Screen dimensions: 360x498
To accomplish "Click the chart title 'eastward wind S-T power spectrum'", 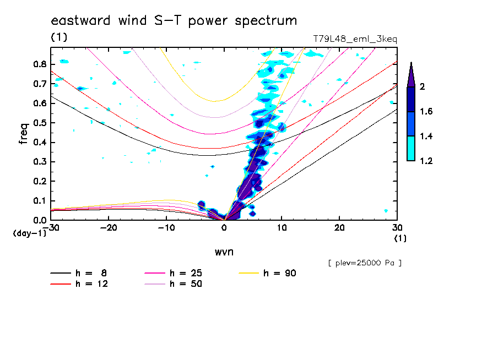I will tap(174, 21).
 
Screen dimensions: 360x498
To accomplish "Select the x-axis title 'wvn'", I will tap(224, 252).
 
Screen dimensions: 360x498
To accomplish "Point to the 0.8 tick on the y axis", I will tap(39, 64).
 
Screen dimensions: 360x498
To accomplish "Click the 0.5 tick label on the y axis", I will tap(39, 123).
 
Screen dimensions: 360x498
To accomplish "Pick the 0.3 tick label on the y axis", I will tap(39, 162).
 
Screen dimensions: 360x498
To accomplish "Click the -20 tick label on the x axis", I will tap(109, 228).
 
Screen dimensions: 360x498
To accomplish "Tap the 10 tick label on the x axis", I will tap(282, 228).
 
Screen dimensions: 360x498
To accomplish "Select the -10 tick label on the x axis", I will tap(166, 228).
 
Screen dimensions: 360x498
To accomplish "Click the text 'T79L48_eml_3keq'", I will tap(355, 39).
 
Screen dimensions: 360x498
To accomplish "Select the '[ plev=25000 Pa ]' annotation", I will tap(365, 263).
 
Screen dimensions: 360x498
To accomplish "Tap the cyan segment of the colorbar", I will tap(411, 149).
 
